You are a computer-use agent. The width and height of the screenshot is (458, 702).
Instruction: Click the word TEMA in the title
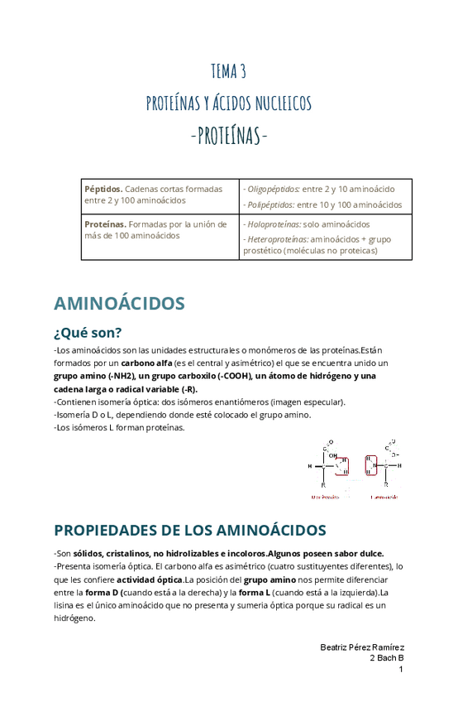[222, 71]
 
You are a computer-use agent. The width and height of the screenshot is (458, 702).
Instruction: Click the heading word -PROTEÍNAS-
[229, 134]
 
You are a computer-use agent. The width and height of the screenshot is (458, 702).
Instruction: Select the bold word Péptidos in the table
[103, 189]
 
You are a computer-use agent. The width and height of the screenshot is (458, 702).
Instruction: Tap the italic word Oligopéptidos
[271, 189]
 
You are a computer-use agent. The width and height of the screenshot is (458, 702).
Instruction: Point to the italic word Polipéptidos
[269, 204]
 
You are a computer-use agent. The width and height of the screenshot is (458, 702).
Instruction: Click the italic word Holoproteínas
[272, 224]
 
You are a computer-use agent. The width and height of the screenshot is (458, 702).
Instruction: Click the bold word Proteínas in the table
[105, 224]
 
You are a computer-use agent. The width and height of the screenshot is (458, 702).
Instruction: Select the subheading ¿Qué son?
[88, 333]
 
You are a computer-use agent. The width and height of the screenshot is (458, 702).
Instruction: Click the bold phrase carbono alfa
[146, 363]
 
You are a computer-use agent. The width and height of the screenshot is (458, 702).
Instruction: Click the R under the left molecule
[323, 484]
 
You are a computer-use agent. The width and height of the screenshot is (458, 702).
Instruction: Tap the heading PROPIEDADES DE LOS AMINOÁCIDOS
[189, 530]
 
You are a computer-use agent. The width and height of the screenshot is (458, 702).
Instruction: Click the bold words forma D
[103, 593]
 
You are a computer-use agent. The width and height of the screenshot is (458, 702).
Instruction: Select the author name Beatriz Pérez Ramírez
[361, 647]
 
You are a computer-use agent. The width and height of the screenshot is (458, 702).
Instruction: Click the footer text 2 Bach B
[386, 657]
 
